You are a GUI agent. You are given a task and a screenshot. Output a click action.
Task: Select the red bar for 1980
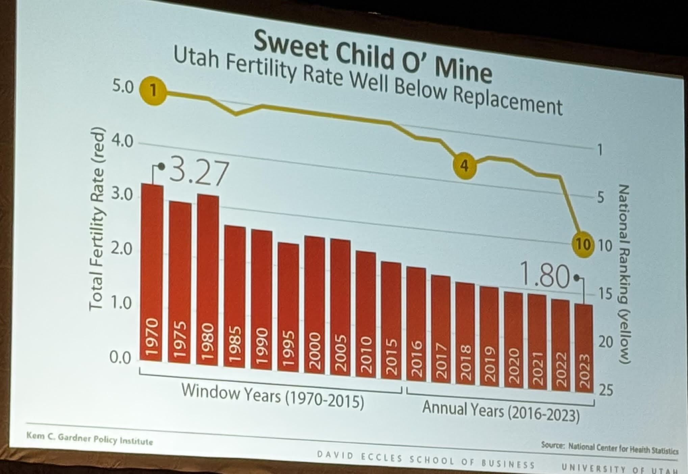coord(207,280)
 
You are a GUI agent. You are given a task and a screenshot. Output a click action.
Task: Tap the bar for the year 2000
coord(314,304)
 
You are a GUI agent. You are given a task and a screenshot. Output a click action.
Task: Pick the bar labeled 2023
coord(583,348)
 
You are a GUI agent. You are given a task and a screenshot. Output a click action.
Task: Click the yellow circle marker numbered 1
coord(154,90)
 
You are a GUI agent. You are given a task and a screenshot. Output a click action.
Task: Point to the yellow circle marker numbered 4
coord(465,165)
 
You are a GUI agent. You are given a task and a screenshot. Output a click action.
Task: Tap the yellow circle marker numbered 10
coord(583,244)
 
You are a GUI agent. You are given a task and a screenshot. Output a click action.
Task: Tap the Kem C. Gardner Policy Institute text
coord(90,439)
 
